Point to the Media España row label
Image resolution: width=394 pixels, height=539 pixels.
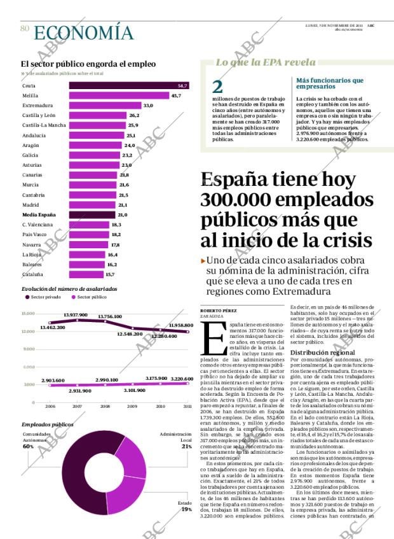(39, 214)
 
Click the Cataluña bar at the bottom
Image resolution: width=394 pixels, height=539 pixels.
(86, 274)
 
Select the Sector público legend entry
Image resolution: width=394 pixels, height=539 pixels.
(89, 297)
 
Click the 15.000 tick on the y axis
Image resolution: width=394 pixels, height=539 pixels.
(28, 314)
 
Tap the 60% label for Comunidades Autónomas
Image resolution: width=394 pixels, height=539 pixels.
(28, 447)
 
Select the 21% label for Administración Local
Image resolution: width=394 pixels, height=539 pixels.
(186, 447)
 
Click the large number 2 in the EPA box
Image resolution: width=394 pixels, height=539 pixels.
(217, 87)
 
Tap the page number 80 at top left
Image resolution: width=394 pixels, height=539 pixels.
(25, 29)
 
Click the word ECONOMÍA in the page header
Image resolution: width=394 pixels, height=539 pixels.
(83, 33)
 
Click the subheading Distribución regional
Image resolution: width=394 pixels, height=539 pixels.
(322, 352)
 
